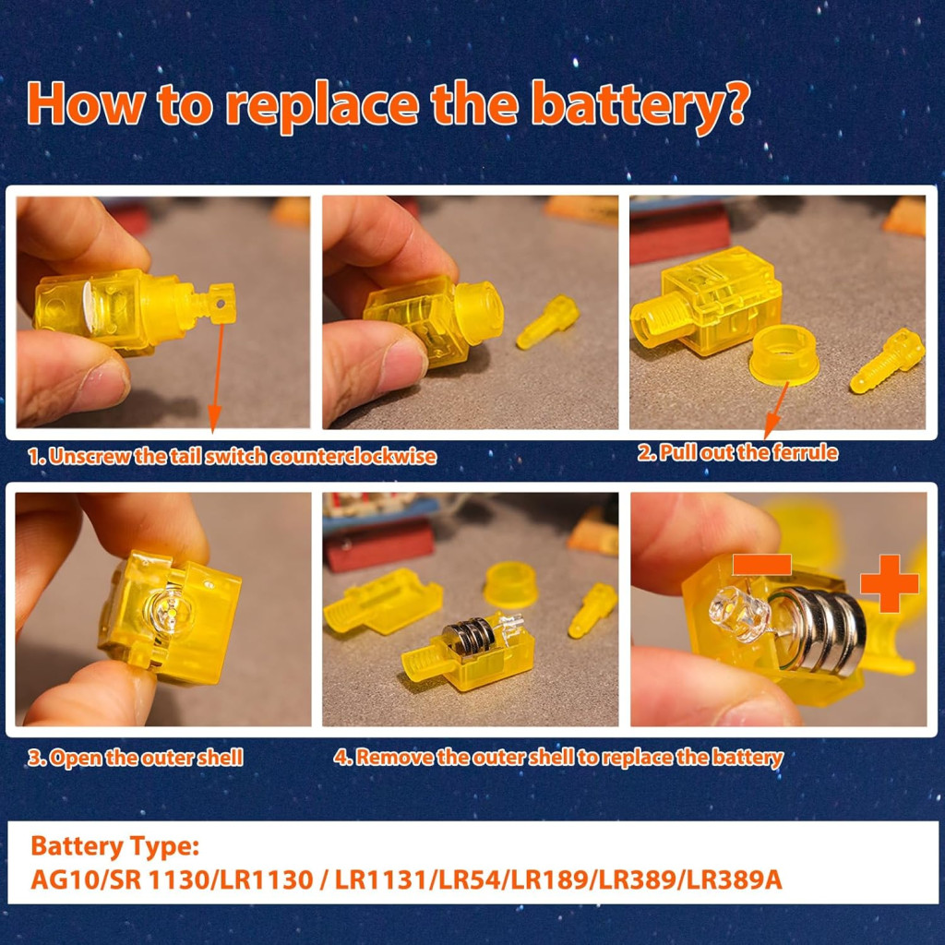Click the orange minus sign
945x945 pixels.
pyautogui.click(x=761, y=565)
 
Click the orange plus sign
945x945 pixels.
pyautogui.click(x=889, y=583)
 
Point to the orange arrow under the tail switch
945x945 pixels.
pyautogui.click(x=217, y=377)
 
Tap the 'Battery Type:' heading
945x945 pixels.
pyautogui.click(x=114, y=845)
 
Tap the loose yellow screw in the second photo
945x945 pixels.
pyautogui.click(x=547, y=321)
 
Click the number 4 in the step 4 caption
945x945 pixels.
pyautogui.click(x=341, y=758)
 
